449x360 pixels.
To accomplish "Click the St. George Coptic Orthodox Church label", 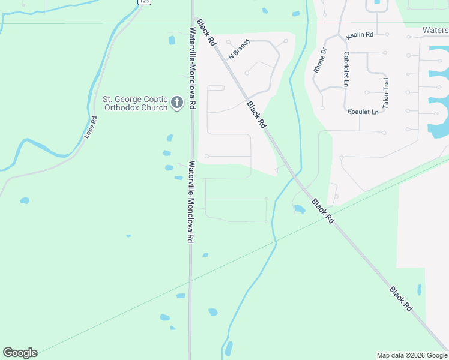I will pos(135,103).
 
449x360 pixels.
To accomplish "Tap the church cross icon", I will pos(177,103).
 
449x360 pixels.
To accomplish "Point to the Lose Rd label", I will pos(91,127).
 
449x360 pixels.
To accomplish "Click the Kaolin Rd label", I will pos(360,35).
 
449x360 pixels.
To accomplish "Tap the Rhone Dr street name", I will pos(319,61).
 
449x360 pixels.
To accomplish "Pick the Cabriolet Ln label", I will pos(346,69).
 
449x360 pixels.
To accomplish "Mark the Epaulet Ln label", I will pos(363,112).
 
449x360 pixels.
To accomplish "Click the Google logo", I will pos(20,353).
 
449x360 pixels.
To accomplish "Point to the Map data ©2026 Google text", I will pos(412,355).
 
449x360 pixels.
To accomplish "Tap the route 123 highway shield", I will pos(143,2).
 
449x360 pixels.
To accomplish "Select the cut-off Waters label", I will pos(435,30).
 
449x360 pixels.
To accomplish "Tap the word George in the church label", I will pos(125,99).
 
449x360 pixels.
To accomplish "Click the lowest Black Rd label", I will pos(401,298).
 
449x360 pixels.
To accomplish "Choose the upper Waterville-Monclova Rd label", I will pos(192,68).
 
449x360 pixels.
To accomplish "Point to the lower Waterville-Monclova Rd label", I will pos(190,201).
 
